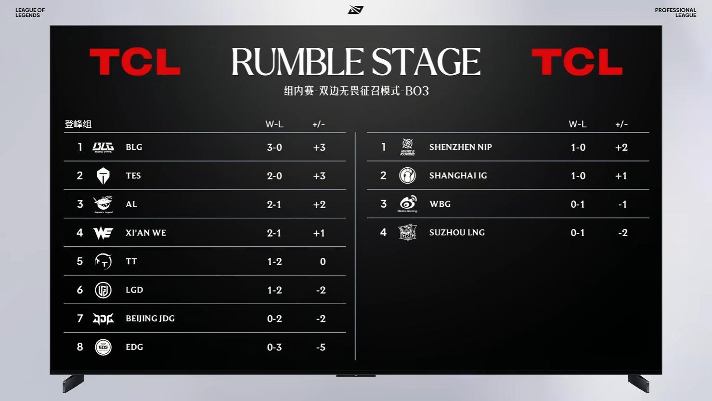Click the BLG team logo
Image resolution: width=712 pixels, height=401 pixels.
(x=104, y=147)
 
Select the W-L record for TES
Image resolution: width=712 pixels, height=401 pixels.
(x=274, y=176)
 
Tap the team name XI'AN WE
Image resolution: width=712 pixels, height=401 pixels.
(x=146, y=233)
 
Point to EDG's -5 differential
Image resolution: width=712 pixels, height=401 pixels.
(x=321, y=347)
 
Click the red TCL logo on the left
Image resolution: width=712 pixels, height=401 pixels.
(x=135, y=62)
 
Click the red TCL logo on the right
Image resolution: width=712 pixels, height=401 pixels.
(x=577, y=62)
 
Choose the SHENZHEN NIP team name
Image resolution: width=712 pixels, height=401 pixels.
(x=461, y=147)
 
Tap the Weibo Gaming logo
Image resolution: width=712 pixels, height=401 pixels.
(x=407, y=204)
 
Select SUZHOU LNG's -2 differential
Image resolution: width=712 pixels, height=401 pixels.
(x=623, y=233)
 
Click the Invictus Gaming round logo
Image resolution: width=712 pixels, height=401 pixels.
(x=407, y=175)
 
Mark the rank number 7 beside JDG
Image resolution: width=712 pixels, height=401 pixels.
(x=80, y=318)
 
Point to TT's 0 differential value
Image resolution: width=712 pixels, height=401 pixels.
(x=323, y=262)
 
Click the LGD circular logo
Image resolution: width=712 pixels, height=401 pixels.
(x=104, y=290)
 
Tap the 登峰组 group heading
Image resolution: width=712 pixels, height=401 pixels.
(x=78, y=124)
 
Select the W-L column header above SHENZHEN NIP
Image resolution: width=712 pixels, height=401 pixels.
(x=578, y=124)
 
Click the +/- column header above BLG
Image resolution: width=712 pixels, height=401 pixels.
(x=319, y=124)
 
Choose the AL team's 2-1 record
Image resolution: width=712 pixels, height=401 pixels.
(x=274, y=204)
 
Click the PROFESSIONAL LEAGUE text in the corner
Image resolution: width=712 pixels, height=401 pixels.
(x=675, y=13)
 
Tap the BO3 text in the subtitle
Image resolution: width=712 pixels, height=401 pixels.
(x=417, y=91)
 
